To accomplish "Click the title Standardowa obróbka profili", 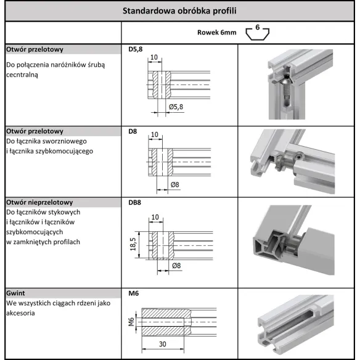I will [179, 11].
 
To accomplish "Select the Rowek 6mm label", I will [216, 33].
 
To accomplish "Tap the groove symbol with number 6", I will [258, 33].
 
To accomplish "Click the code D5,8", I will [135, 49].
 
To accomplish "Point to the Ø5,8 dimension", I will [176, 106].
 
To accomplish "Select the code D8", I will [132, 131].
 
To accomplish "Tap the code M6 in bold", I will [133, 293].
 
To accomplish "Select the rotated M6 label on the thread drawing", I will [131, 322].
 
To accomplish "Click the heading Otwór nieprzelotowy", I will [39, 202].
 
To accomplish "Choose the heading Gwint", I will [16, 293].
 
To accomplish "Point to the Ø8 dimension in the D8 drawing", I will [175, 184].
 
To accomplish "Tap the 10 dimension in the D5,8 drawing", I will [154, 57].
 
